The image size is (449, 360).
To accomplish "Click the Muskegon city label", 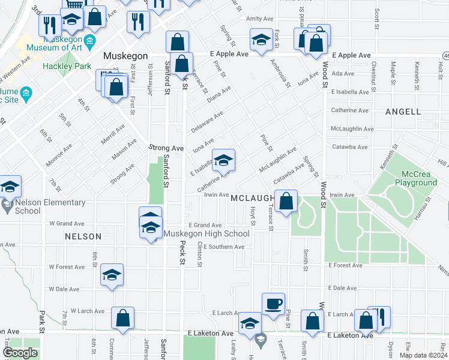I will (x=125, y=55).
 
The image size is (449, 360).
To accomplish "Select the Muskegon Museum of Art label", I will (x=50, y=47).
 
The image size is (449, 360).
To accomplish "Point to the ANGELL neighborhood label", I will (x=403, y=112).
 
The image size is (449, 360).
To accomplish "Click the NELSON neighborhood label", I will (x=83, y=236).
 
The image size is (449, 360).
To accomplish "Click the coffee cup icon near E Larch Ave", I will (x=273, y=303).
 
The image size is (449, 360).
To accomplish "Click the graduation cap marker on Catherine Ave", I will (x=223, y=160).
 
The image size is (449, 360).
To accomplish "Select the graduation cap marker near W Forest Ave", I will (x=112, y=274).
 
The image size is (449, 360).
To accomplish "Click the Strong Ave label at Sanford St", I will (x=166, y=148).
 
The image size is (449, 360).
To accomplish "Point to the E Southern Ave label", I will (x=223, y=247).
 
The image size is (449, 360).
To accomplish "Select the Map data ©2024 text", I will (x=423, y=355).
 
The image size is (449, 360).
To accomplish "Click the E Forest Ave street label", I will (x=345, y=265).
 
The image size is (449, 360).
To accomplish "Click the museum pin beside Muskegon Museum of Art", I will (x=91, y=42).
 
